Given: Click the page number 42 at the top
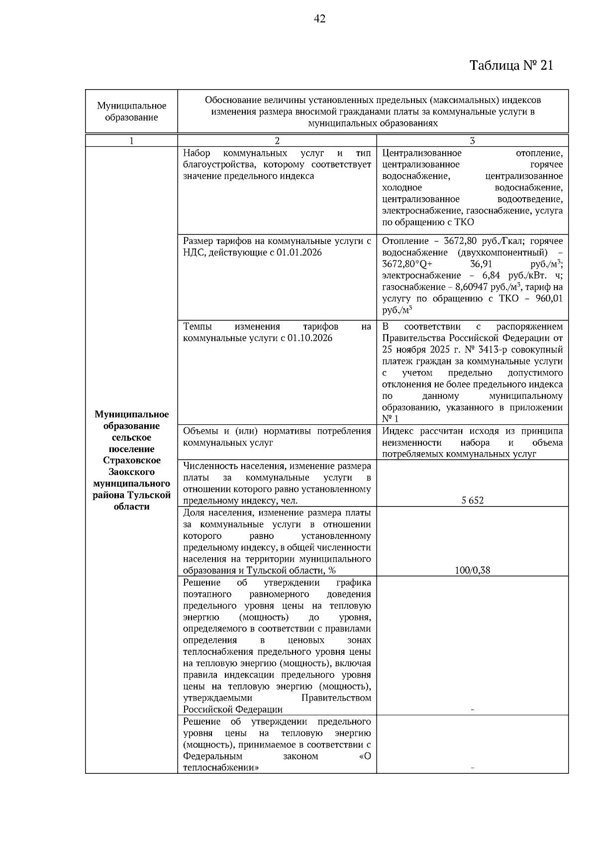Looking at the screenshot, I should (320, 19).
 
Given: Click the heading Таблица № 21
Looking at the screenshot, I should (511, 66).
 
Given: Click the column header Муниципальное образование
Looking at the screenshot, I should (131, 112).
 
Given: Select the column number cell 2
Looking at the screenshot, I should (277, 141).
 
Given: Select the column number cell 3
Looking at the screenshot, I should (472, 141).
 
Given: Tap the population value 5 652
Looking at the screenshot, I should (472, 500).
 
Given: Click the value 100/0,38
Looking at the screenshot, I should (472, 570).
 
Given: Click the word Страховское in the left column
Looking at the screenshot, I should (132, 460).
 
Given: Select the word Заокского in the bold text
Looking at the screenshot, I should (132, 472).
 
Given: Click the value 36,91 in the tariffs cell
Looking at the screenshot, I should (481, 264).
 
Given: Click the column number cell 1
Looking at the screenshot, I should (131, 141).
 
